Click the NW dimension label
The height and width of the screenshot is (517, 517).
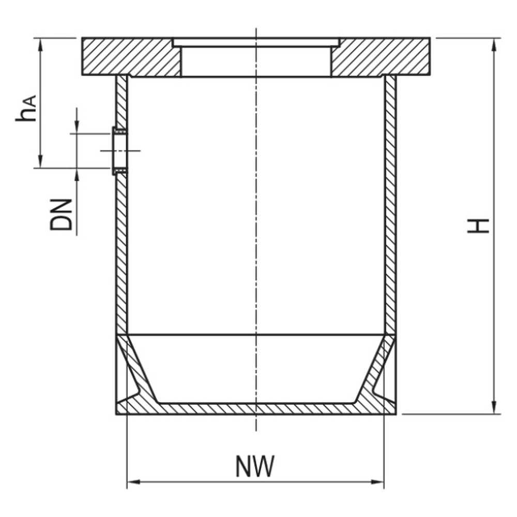pyautogui.click(x=255, y=466)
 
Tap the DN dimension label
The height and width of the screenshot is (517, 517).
pyautogui.click(x=61, y=215)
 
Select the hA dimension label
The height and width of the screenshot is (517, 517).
pyautogui.click(x=26, y=109)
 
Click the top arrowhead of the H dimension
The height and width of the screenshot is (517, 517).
pyautogui.click(x=494, y=45)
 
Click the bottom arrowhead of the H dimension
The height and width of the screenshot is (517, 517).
pyautogui.click(x=494, y=407)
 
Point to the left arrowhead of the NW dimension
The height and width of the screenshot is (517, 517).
pyautogui.click(x=134, y=482)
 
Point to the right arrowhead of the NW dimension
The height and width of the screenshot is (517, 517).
pyautogui.click(x=377, y=482)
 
